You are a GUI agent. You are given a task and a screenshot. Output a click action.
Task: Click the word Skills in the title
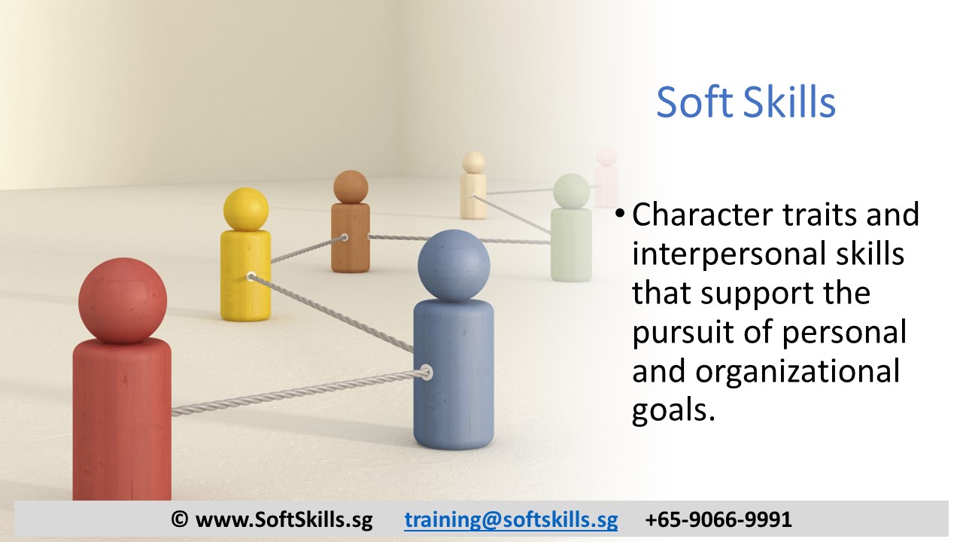790,102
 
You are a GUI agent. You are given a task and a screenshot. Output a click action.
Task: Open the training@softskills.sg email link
511,519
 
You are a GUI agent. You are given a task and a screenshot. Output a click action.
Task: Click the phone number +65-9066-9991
718,519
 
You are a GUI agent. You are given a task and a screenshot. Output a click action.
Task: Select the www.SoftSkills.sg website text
284,519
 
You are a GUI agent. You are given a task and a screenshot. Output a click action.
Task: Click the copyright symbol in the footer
179,519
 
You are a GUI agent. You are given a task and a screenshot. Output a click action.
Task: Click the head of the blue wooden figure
454,266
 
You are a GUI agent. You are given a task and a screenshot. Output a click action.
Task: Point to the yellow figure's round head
246,209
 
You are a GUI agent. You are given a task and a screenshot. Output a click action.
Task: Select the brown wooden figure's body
351,237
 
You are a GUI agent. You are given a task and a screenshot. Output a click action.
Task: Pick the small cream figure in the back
473,188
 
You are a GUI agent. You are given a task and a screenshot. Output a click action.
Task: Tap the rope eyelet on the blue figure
427,372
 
